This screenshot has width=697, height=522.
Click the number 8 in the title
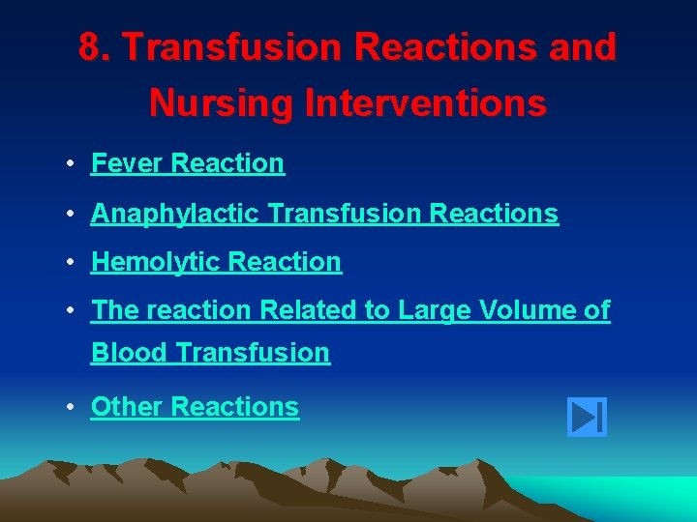[x=92, y=47]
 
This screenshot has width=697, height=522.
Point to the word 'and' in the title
[x=584, y=47]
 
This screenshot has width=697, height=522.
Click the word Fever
[x=127, y=163]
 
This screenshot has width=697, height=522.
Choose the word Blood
[x=129, y=353]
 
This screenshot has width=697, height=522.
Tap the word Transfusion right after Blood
[x=253, y=353]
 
